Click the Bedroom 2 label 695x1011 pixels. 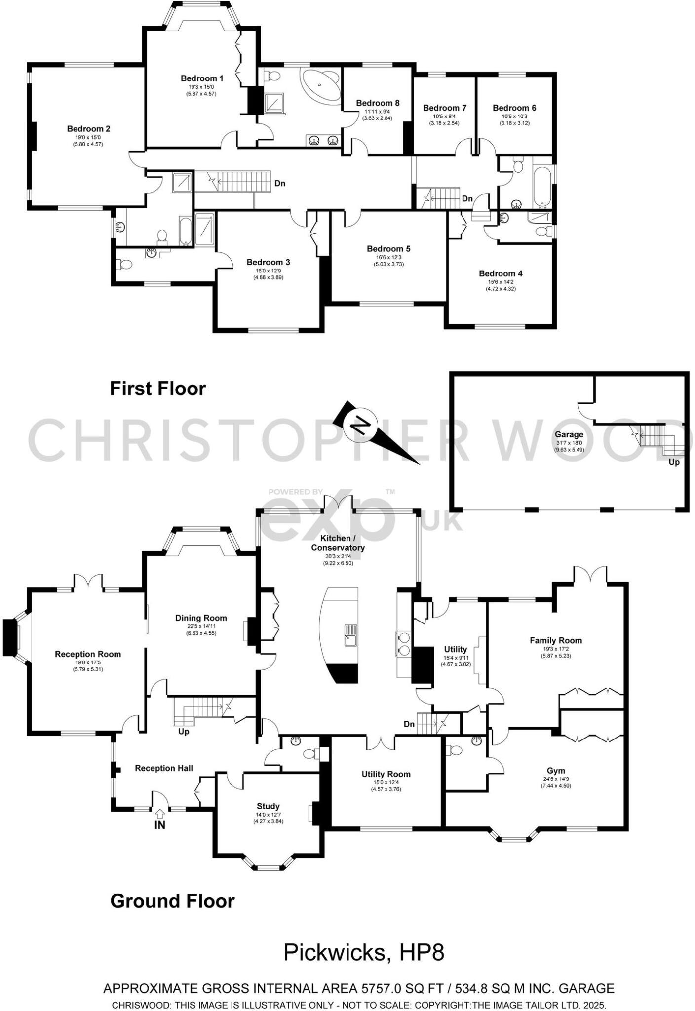(x=89, y=129)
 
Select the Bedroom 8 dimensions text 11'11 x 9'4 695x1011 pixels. (x=377, y=112)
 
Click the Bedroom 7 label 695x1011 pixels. (x=445, y=108)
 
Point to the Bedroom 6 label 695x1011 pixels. (x=514, y=108)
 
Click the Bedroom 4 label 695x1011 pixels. (x=501, y=273)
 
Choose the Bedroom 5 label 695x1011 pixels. (x=388, y=249)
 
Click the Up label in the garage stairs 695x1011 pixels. (x=674, y=462)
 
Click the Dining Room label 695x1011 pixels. (x=201, y=618)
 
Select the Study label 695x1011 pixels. (x=268, y=806)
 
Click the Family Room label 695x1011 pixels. (x=556, y=640)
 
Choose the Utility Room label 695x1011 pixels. (x=386, y=774)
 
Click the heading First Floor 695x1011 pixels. (x=157, y=389)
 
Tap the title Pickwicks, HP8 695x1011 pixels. (x=364, y=952)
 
